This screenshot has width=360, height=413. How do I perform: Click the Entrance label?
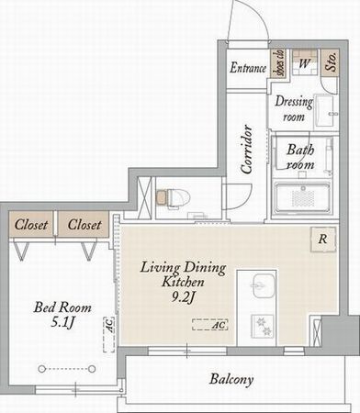tap(248, 68)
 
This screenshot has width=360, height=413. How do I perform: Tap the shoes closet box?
tap(279, 63)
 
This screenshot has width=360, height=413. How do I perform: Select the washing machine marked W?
tap(304, 62)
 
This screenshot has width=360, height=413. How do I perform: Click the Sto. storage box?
tap(330, 62)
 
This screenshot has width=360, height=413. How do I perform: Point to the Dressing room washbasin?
tap(325, 110)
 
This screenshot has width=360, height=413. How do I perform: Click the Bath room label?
tap(300, 157)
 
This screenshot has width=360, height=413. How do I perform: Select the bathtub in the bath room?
tap(303, 198)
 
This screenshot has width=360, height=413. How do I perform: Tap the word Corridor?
tap(247, 150)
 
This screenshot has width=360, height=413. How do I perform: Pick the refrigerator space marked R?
tap(323, 239)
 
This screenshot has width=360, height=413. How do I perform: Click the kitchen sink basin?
tap(264, 285)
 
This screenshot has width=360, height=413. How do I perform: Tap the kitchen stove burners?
tap(262, 326)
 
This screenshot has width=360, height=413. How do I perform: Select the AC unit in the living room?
tap(210, 325)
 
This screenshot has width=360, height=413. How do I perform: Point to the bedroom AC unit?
tap(109, 334)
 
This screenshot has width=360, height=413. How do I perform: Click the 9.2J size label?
tap(183, 296)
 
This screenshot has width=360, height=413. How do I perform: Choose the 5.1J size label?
tap(63, 322)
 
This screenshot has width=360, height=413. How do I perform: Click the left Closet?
tap(31, 224)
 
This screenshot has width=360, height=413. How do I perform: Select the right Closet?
tap(84, 224)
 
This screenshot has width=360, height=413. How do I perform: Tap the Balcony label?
tap(231, 380)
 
